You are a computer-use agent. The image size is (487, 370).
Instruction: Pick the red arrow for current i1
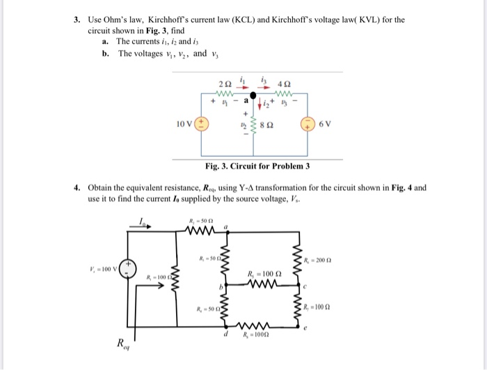pyautogui.click(x=243, y=89)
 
